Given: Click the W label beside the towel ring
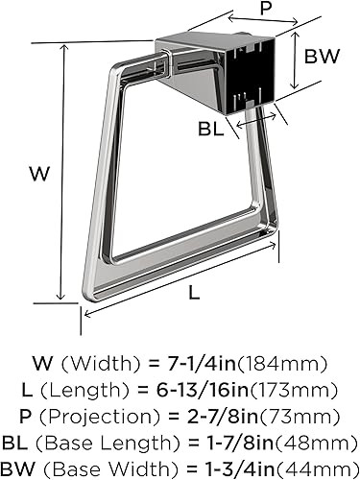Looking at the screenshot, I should tap(38, 175).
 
